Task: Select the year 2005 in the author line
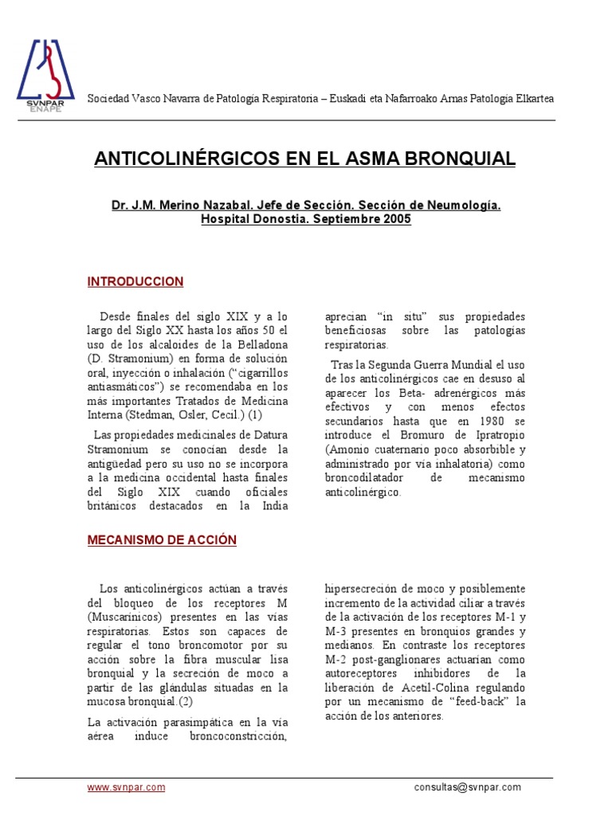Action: point(396,219)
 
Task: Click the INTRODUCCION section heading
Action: point(135,281)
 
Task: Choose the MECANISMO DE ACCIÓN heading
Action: point(162,539)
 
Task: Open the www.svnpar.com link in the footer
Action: point(126,787)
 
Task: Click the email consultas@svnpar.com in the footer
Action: point(468,787)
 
